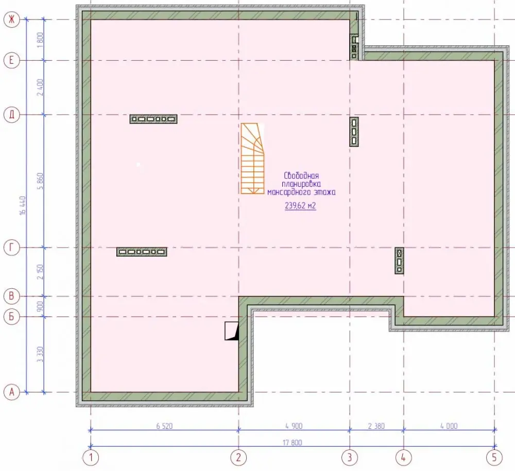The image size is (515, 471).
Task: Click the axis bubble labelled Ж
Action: click(x=12, y=20)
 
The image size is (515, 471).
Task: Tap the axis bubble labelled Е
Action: click(x=12, y=60)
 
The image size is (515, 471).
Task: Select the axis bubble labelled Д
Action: click(x=12, y=115)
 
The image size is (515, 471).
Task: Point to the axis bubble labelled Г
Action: click(x=12, y=248)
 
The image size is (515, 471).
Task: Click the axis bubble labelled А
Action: click(x=12, y=392)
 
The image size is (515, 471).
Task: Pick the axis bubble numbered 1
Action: click(x=91, y=457)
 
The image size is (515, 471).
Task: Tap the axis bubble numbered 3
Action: click(x=350, y=457)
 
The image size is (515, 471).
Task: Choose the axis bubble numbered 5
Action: click(x=494, y=457)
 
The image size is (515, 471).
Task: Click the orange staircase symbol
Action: click(x=252, y=159)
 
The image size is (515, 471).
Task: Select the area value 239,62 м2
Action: click(x=300, y=206)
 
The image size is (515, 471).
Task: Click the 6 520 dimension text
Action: click(x=164, y=426)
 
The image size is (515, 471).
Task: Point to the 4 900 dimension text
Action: click(x=294, y=426)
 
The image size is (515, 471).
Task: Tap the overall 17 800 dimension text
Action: click(x=293, y=443)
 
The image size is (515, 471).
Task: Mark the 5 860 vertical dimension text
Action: click(x=40, y=181)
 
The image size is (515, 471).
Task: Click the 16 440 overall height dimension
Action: click(x=23, y=205)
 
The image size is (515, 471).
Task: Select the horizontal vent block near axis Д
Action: click(x=153, y=119)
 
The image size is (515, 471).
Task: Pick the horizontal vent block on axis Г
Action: click(x=142, y=252)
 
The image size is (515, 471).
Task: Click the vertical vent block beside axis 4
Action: click(x=399, y=261)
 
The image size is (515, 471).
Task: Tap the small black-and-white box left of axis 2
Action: click(x=232, y=331)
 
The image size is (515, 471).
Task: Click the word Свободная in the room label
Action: click(x=301, y=176)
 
